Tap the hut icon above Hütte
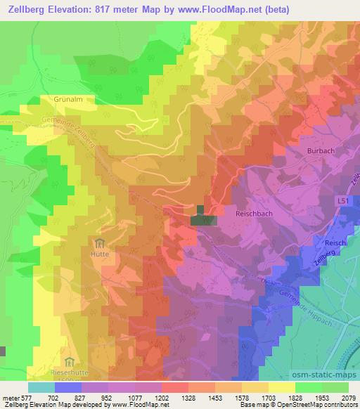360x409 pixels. (x=97, y=244)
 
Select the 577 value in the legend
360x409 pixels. (x=23, y=398)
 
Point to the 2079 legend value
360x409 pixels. (x=348, y=398)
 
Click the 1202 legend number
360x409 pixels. (x=161, y=398)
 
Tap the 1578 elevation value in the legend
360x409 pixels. (x=241, y=398)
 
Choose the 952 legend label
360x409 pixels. (x=108, y=398)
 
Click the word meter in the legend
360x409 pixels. (x=8, y=398)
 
